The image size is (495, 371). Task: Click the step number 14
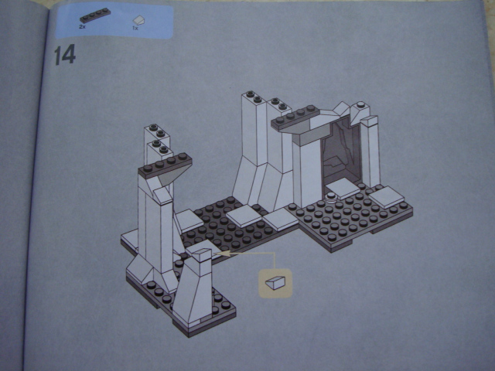[65, 55]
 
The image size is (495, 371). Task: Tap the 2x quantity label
[83, 27]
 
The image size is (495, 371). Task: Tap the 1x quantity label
[135, 28]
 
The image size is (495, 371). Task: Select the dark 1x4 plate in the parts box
[95, 16]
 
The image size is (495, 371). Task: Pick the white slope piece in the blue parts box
[138, 20]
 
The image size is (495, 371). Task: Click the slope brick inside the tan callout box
[275, 282]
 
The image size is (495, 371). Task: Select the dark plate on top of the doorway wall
[295, 118]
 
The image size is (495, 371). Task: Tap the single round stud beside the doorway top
[360, 105]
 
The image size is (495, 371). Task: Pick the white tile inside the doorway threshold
[343, 188]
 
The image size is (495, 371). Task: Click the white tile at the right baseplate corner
[387, 196]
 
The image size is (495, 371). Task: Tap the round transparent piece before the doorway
[331, 197]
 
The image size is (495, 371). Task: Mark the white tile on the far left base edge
[129, 239]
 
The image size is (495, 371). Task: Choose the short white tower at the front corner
[193, 288]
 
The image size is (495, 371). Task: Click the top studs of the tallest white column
[254, 97]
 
